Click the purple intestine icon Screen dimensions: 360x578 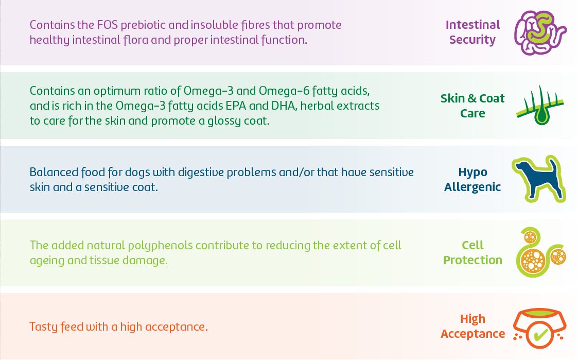(x=539, y=32)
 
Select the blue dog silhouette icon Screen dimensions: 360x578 (x=538, y=179)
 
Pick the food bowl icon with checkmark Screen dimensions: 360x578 (x=539, y=327)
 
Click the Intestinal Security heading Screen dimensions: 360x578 (x=472, y=32)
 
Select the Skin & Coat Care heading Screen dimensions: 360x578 (x=472, y=106)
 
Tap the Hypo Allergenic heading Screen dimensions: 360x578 (x=472, y=179)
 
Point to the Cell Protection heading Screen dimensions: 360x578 (x=472, y=252)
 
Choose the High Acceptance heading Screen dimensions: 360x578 (x=472, y=326)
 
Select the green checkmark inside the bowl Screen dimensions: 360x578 (x=540, y=335)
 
